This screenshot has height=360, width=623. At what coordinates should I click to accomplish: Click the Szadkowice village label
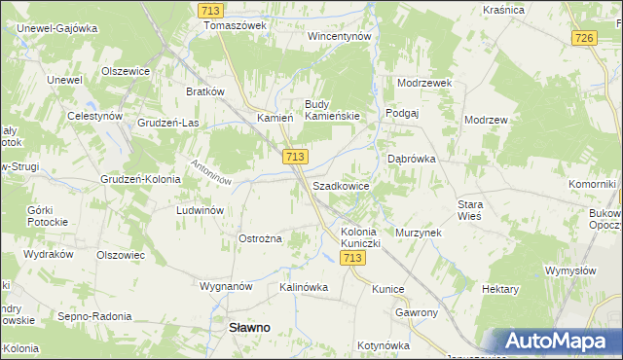[341, 185]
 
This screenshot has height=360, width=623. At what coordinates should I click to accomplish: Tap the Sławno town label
[249, 328]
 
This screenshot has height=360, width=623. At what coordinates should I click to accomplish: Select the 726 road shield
[584, 37]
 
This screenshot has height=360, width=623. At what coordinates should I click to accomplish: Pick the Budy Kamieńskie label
[332, 110]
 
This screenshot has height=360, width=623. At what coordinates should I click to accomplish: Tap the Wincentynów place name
[340, 36]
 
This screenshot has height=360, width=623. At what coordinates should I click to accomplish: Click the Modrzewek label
[425, 83]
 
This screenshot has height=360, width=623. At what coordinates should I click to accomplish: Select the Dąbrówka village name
[412, 158]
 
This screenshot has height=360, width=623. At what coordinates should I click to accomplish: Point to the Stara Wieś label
[477, 210]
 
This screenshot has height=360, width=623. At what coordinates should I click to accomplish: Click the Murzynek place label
[419, 234]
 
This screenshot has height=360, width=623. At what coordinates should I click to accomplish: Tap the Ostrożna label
[260, 238]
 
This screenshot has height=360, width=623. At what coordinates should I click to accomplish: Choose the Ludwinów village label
[201, 209]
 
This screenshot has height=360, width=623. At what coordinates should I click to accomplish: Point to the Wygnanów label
[226, 287]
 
